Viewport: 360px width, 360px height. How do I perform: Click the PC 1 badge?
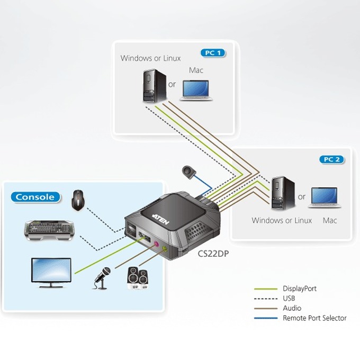[213, 53]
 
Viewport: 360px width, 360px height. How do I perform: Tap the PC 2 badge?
[332, 159]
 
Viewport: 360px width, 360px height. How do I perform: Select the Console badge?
[35, 197]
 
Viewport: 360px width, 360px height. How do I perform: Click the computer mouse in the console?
[78, 200]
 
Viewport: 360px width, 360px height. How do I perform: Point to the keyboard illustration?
[49, 230]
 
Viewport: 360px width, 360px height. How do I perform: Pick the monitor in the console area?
[51, 273]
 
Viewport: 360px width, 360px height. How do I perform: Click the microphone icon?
[102, 278]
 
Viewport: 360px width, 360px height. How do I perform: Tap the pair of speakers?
[138, 278]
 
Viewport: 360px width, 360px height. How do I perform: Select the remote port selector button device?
[188, 172]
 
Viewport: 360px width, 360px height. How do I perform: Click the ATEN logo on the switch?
[161, 219]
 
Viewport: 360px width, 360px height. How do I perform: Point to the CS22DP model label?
[213, 254]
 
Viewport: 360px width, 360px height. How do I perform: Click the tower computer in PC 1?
[154, 86]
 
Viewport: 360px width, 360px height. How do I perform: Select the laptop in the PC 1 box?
[196, 91]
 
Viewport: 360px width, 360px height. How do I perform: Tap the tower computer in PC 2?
[283, 193]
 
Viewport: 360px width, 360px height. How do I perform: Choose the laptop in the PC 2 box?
[325, 197]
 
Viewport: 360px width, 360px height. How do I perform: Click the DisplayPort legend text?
[300, 289]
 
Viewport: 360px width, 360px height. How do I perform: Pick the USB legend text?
[289, 298]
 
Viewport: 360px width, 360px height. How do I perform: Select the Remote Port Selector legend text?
[314, 318]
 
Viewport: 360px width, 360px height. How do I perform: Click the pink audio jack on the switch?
[156, 244]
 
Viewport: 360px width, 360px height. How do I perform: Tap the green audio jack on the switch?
[165, 248]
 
